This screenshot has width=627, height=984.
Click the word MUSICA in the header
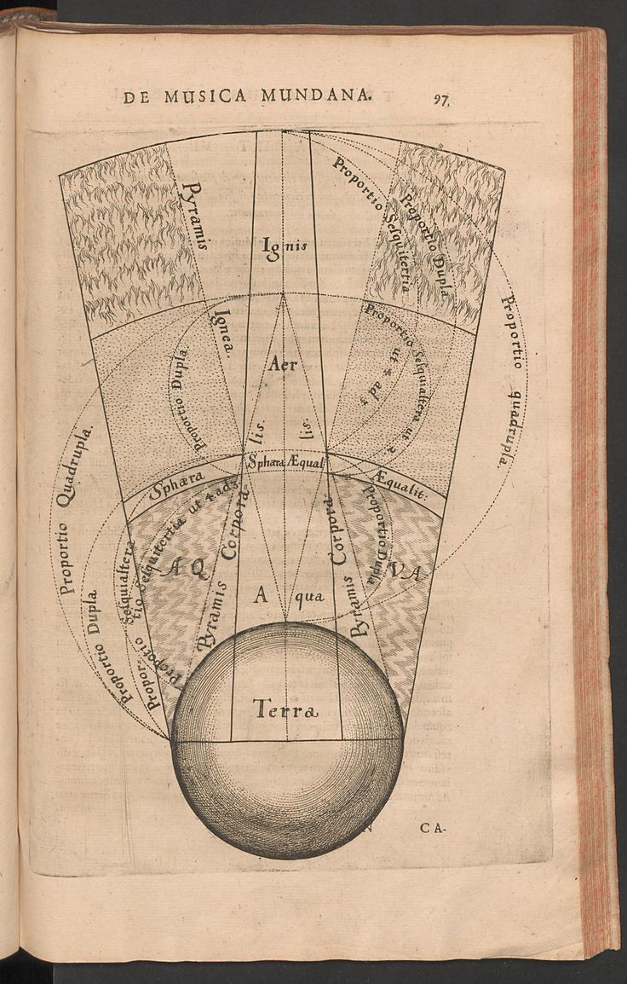pos(204,96)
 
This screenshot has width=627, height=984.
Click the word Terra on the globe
pos(285,709)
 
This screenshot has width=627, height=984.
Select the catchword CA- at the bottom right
pos(433,827)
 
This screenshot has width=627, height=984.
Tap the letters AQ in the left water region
pos(187,567)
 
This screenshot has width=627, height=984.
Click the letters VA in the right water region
pos(406,570)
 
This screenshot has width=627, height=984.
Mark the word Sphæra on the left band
pos(177,484)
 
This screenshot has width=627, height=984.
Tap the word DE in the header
pos(135,96)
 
